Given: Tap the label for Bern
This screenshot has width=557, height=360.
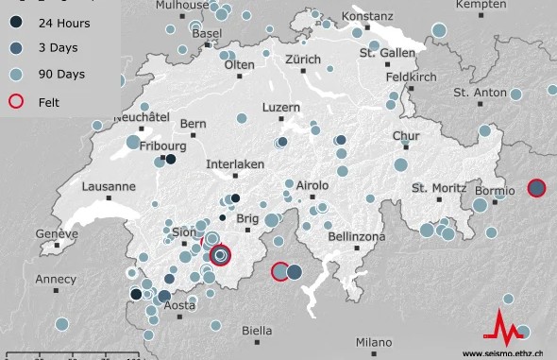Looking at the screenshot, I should tap(193, 124).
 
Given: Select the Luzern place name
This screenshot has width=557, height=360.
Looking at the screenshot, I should tap(280, 108).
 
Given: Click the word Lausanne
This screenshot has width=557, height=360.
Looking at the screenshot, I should tap(109, 187).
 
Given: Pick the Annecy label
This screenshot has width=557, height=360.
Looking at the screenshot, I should tap(55, 280).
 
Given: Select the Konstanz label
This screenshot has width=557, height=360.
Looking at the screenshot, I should tap(367, 17).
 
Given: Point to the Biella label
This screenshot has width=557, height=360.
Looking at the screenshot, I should tap(257, 331).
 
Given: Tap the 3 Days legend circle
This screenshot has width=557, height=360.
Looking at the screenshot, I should tap(16, 46).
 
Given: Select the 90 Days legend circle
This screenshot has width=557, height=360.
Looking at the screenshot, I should tap(16, 73).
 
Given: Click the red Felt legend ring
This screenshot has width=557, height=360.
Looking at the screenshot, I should tap(16, 99).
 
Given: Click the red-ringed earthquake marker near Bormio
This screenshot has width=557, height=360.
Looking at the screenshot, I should tap(536, 188).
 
